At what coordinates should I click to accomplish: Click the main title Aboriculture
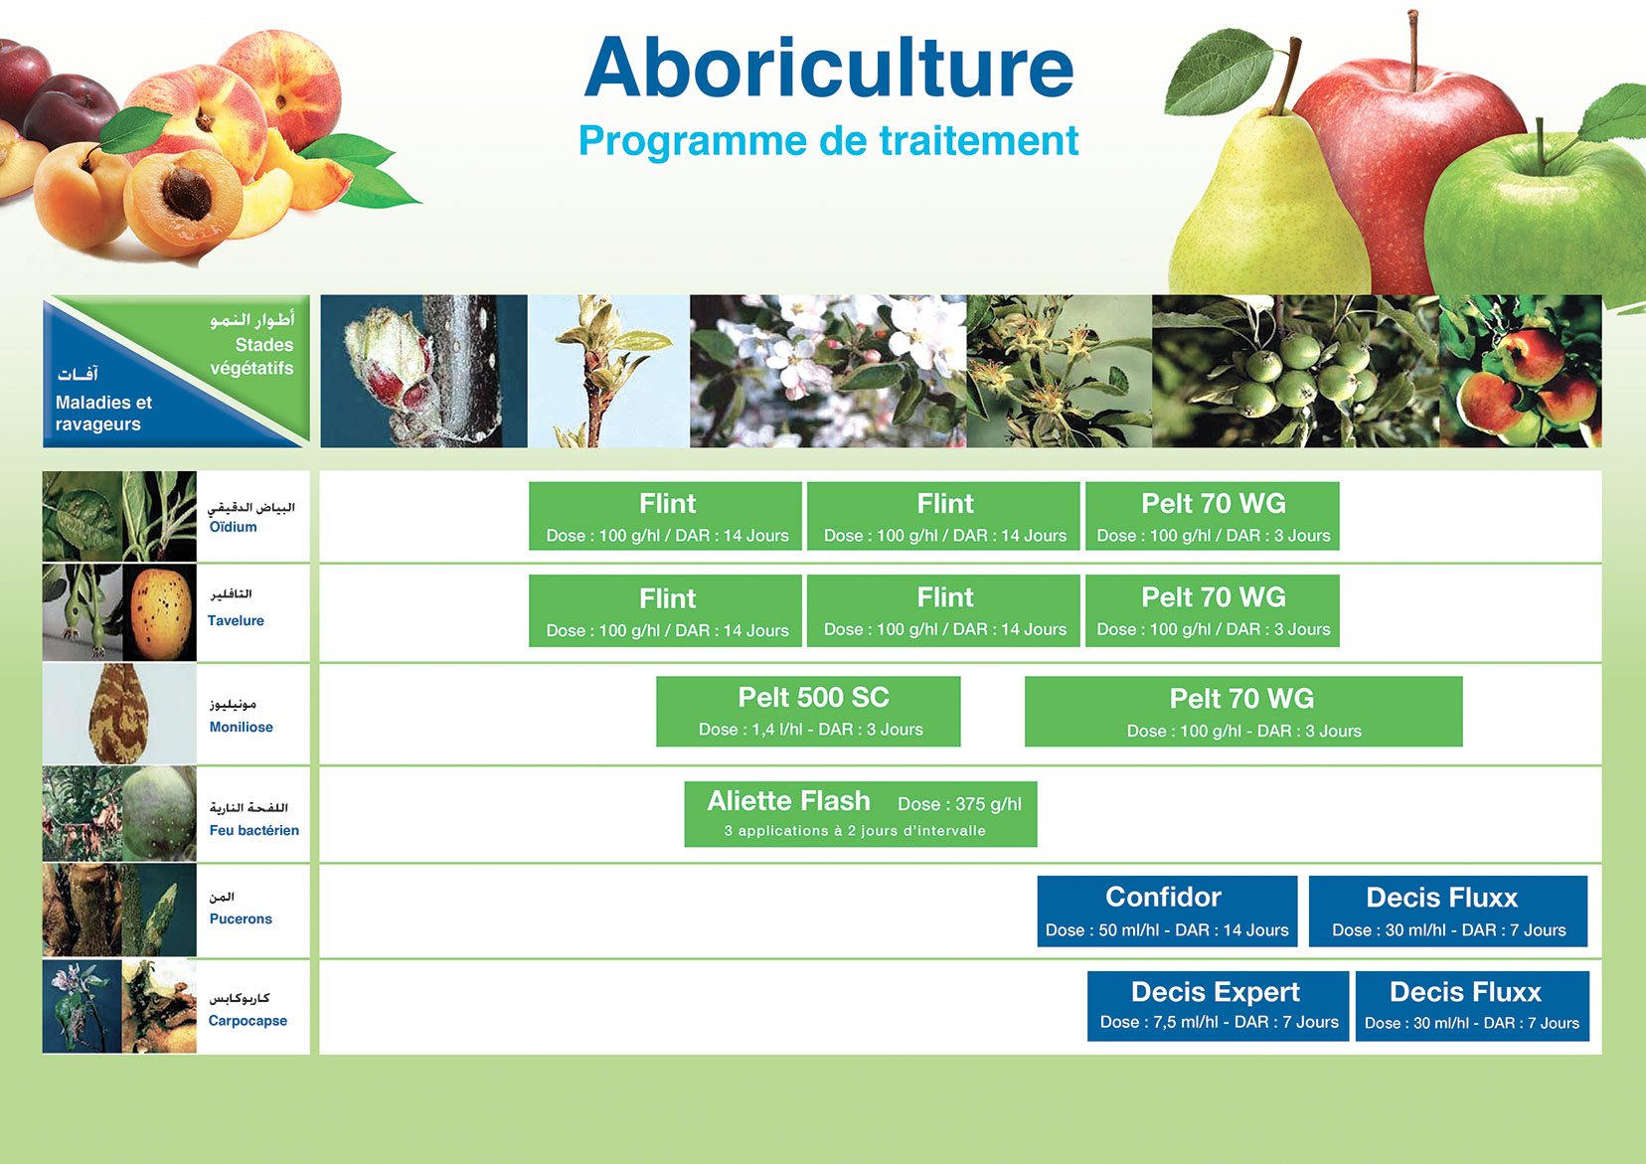click(x=829, y=68)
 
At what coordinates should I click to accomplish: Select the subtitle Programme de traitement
click(x=828, y=140)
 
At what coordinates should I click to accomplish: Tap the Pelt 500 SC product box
click(x=808, y=712)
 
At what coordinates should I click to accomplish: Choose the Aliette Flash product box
click(x=861, y=814)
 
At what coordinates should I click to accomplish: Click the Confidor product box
click(x=1167, y=911)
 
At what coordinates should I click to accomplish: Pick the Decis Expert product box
click(x=1218, y=1005)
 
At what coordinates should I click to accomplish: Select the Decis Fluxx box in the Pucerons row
click(x=1447, y=911)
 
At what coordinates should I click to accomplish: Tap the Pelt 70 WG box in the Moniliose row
click(x=1243, y=712)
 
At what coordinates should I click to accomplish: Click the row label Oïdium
click(x=233, y=527)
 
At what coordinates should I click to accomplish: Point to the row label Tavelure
click(x=236, y=620)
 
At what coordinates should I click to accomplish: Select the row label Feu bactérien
click(x=254, y=830)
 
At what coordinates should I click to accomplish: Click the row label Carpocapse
click(x=247, y=1021)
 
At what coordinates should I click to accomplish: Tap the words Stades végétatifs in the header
click(x=252, y=357)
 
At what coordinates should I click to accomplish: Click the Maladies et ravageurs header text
click(x=103, y=413)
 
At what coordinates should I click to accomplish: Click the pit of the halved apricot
click(x=187, y=193)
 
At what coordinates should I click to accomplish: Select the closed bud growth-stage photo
click(x=424, y=371)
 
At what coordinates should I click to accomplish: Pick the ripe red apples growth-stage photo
click(x=1521, y=371)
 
